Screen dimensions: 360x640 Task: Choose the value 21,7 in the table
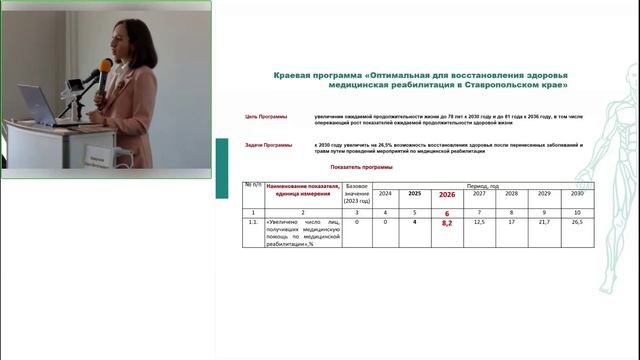coord(544,223)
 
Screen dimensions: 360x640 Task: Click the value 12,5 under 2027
coord(480,223)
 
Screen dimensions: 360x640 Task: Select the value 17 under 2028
coord(511,223)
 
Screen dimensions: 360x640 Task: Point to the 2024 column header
coord(385,193)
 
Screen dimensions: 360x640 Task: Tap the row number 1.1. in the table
coord(253,223)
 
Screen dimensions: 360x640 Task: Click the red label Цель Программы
coord(266,117)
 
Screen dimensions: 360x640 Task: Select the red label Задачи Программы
coord(269,146)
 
